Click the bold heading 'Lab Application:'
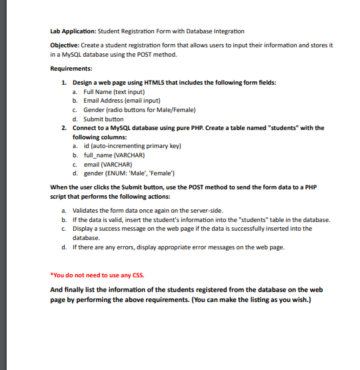tap(73, 31)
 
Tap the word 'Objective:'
tap(66, 45)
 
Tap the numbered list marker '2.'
tap(63, 127)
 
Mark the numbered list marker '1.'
tap(63, 82)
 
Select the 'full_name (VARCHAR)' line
tap(110, 155)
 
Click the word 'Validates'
tap(99, 210)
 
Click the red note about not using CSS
tap(97, 275)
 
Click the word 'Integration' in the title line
tap(227, 31)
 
